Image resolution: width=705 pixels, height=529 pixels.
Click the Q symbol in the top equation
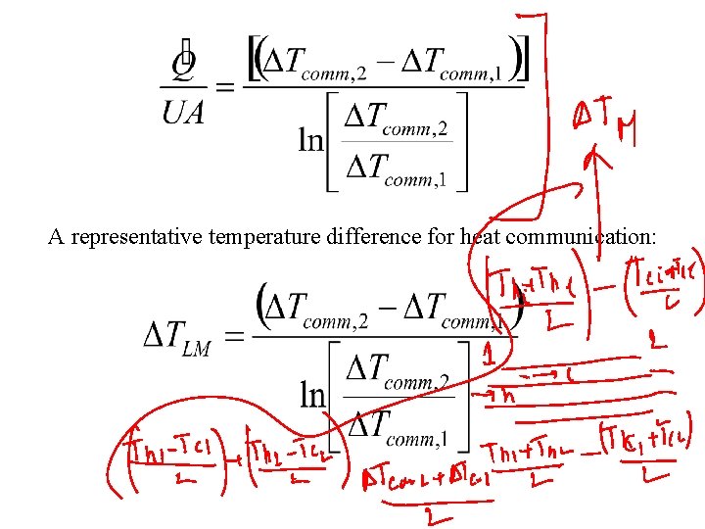182,64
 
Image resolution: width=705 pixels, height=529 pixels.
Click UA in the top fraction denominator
183,114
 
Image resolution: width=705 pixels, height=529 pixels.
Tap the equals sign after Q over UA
224,88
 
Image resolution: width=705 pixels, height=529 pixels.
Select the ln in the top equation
311,140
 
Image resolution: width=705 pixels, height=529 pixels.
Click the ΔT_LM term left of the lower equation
177,338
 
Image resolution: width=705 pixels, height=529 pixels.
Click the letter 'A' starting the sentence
55,237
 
